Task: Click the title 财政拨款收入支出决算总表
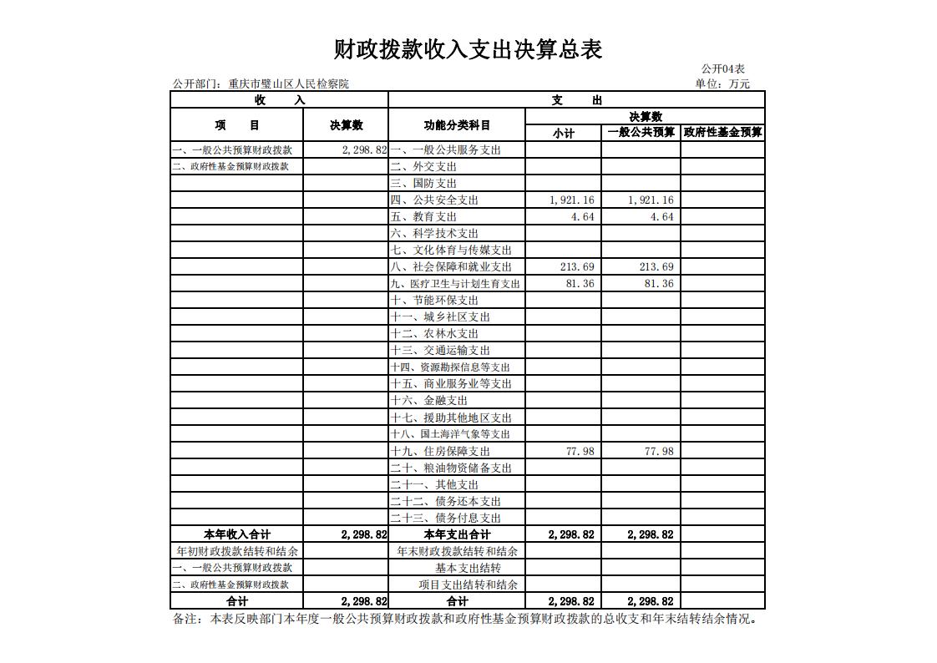(x=468, y=49)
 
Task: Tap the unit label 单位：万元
(x=722, y=84)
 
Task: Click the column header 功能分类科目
(x=457, y=125)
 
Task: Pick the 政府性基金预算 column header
(x=722, y=132)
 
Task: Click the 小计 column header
(x=564, y=133)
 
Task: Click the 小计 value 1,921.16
(x=572, y=200)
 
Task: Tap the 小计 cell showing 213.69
(x=577, y=267)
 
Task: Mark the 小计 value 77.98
(x=580, y=451)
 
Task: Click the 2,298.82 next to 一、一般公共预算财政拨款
(x=364, y=150)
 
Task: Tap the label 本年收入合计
(x=237, y=534)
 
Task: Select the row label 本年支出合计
(x=457, y=534)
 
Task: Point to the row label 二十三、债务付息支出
(x=445, y=518)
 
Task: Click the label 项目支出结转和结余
(x=468, y=585)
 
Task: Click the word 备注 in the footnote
(x=185, y=620)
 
